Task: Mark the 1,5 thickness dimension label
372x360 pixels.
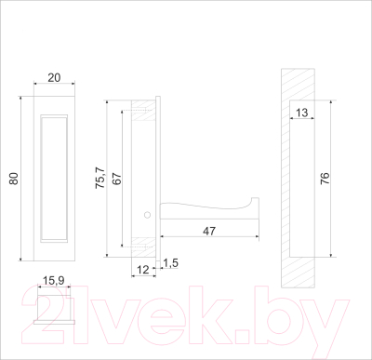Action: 170,263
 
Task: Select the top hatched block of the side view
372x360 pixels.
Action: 143,109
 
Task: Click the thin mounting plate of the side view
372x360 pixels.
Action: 161,177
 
